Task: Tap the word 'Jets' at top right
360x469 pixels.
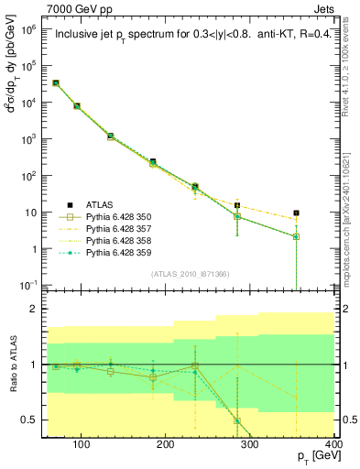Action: (322, 8)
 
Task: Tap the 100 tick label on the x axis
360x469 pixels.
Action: (81, 444)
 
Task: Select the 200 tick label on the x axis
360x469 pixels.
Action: (165, 444)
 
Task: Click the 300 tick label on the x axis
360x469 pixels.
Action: (249, 444)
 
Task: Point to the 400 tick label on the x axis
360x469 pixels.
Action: (333, 444)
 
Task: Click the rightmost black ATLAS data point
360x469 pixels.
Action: (295, 213)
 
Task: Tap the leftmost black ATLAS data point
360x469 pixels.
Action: (56, 82)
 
